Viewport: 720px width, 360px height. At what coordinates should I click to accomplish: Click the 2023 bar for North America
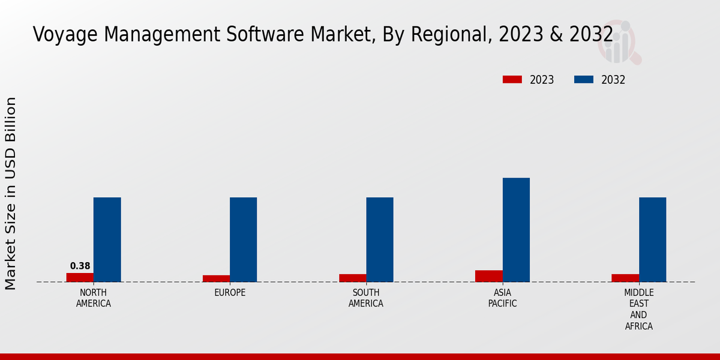click(x=80, y=277)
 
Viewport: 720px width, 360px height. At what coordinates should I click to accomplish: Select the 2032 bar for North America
click(x=107, y=239)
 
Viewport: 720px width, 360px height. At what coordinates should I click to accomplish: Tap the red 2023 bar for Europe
click(x=216, y=278)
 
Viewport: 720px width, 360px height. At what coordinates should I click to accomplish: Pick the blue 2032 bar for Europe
click(x=243, y=239)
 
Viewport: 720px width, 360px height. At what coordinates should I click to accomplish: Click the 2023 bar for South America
click(x=352, y=278)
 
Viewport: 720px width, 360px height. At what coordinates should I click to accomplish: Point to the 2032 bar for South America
click(x=380, y=239)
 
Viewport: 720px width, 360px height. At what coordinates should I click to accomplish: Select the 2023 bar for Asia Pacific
click(x=489, y=276)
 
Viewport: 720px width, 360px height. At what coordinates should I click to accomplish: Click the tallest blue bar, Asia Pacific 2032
click(x=516, y=230)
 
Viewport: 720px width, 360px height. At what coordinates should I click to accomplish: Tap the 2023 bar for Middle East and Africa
click(x=625, y=278)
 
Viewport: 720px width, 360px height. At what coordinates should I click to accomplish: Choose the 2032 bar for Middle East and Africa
click(x=652, y=239)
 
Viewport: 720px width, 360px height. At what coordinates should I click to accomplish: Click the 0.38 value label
click(x=80, y=266)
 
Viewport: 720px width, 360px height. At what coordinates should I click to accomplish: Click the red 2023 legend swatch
click(x=512, y=80)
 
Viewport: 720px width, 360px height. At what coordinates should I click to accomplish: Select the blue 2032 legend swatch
click(x=584, y=80)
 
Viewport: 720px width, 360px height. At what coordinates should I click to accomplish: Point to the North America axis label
click(x=94, y=298)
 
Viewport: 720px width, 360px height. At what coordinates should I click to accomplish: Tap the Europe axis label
click(x=230, y=293)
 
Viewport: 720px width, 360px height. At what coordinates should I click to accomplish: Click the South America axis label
click(x=366, y=298)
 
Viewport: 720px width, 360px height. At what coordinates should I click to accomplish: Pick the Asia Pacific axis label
click(x=503, y=298)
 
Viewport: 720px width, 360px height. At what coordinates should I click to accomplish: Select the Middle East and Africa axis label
click(x=639, y=310)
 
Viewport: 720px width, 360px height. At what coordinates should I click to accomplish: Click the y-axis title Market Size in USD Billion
click(x=11, y=193)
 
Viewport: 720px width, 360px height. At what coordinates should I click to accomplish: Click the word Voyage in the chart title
click(x=66, y=35)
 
